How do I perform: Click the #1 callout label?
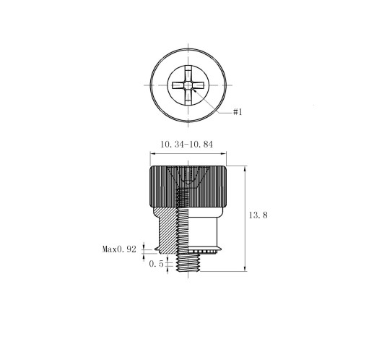pyautogui.click(x=238, y=112)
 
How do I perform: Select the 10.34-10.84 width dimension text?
pyautogui.click(x=186, y=145)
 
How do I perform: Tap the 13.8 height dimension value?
pyautogui.click(x=258, y=215)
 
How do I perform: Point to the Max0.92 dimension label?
pyautogui.click(x=119, y=249)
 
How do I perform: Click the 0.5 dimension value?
pyautogui.click(x=156, y=264)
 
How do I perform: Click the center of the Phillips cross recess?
pyautogui.click(x=188, y=85)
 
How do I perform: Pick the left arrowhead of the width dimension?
pyautogui.click(x=152, y=153)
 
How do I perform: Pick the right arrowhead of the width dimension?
pyautogui.click(x=224, y=153)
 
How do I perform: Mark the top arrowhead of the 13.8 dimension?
pyautogui.click(x=245, y=168)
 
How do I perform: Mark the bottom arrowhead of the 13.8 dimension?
pyautogui.click(x=245, y=269)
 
